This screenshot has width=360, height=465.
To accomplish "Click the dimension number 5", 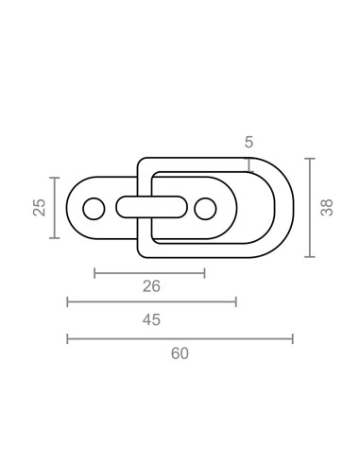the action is pos(249,142).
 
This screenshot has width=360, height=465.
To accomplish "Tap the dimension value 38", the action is pos(327,208).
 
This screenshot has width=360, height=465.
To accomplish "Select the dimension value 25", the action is pos(40,208).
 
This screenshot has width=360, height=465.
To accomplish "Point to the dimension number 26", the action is pos(151,286).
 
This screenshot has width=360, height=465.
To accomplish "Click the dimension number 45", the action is pos(151,319).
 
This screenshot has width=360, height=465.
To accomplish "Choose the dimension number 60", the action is pos(180,353).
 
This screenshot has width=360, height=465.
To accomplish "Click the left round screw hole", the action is pos(94,209).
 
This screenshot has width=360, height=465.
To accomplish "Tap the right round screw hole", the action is pos(205,209).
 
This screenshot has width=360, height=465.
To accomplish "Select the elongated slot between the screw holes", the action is pos(151,207).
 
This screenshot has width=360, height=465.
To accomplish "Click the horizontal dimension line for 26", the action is pos(149,273).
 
